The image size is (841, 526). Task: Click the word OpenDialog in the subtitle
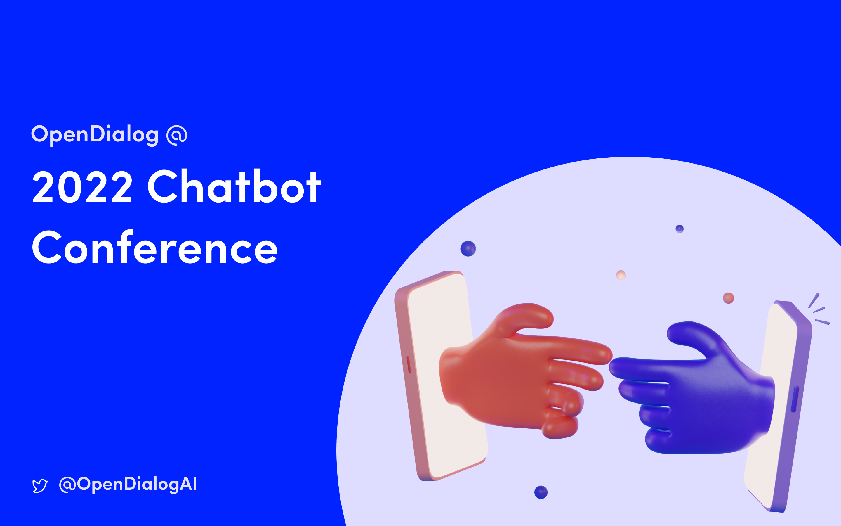pyautogui.click(x=95, y=134)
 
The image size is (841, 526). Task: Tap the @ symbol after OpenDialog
pyautogui.click(x=177, y=135)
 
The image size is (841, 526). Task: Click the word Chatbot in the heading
pyautogui.click(x=234, y=186)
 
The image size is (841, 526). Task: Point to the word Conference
pyautogui.click(x=155, y=248)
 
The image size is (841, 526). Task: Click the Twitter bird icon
pyautogui.click(x=40, y=486)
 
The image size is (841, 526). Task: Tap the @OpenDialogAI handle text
pyautogui.click(x=128, y=484)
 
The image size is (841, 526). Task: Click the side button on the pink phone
pyautogui.click(x=409, y=364)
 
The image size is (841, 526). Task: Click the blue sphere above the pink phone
pyautogui.click(x=468, y=249)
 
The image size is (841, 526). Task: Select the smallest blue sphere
pyautogui.click(x=680, y=229)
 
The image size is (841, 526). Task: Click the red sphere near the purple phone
pyautogui.click(x=728, y=298)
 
